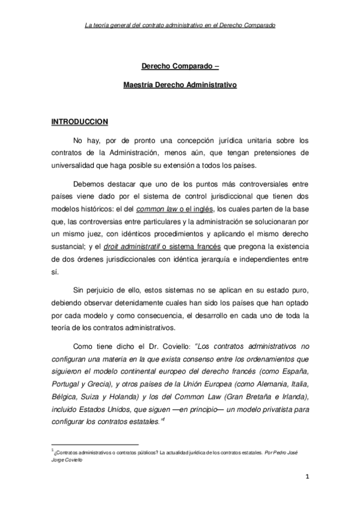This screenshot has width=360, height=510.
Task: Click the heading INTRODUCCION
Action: [x=78, y=121]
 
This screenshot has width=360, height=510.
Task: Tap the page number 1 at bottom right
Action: [x=307, y=478]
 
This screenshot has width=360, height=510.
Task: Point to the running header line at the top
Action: [x=180, y=25]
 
